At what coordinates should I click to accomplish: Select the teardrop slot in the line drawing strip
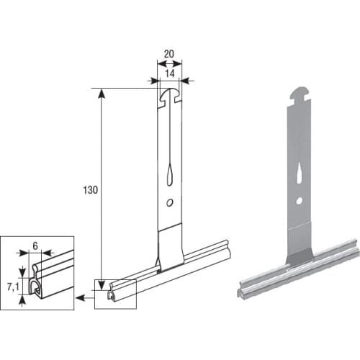coord(169,173)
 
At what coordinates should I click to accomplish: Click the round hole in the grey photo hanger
coord(299,200)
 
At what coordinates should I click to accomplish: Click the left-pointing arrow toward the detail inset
coord(81,295)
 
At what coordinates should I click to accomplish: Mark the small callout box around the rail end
coord(114,294)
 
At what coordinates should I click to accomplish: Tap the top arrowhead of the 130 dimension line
coord(102,92)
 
